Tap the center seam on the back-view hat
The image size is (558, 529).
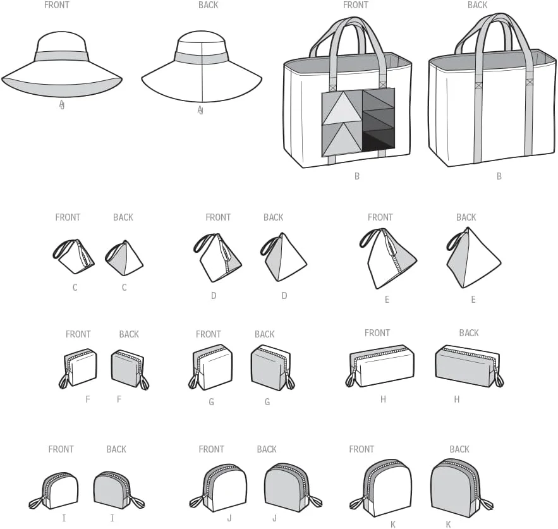pos(202,72)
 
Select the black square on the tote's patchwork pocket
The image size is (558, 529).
pos(379,143)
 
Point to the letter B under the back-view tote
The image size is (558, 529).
pos(499,176)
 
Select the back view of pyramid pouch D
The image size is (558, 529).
pos(284,257)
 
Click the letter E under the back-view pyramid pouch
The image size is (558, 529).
pos(473,300)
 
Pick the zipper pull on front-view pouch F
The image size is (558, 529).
pos(64,381)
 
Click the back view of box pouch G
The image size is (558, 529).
pos(272,368)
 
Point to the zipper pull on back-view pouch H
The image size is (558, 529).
pos(499,380)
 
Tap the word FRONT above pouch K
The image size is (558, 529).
pos(361,449)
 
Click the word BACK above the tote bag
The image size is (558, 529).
pos(477,5)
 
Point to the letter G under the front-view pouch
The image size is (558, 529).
pos(211,402)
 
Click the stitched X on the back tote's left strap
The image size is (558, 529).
pos(478,85)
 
